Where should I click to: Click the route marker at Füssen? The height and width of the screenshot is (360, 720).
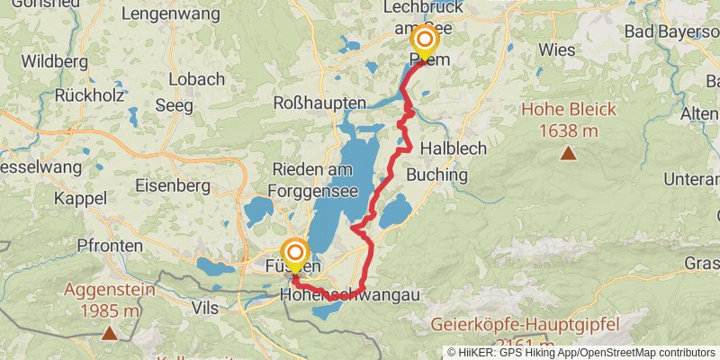tap(294, 252)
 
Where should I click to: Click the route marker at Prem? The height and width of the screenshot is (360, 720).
tap(424, 40)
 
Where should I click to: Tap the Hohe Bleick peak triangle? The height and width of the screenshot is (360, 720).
tap(568, 153)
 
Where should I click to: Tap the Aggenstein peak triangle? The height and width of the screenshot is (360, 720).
tap(109, 333)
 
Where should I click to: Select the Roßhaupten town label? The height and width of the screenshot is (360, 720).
tap(319, 103)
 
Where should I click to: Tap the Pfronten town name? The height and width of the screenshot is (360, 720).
tap(110, 245)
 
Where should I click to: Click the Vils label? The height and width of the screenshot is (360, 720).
tap(205, 308)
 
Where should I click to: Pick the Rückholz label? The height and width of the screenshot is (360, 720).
tap(88, 94)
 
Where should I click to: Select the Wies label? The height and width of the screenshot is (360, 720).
tap(558, 49)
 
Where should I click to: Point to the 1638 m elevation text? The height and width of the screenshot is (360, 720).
tap(569, 131)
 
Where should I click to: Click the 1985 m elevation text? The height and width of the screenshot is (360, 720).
tap(109, 311)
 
